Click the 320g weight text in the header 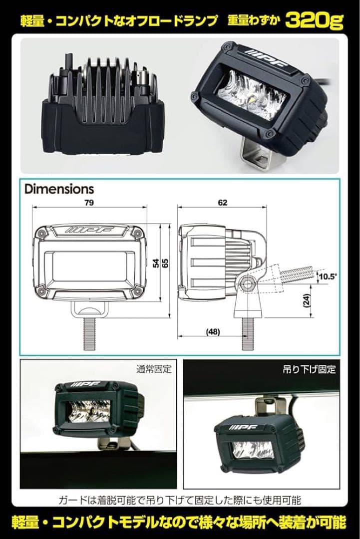coord(316,20)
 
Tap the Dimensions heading coord(59,189)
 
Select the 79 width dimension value coord(90,203)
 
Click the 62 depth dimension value coord(222,203)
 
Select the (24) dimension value coord(306,299)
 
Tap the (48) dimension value coord(213,331)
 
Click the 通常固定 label coord(153,370)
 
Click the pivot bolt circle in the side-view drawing coord(247,284)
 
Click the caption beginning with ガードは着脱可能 coord(180,499)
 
